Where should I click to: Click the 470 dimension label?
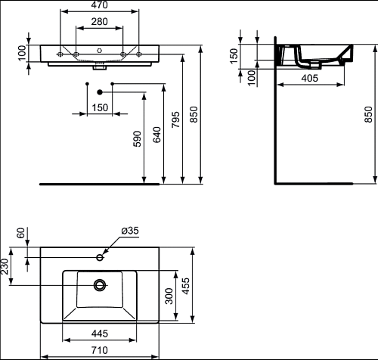[x=100, y=5]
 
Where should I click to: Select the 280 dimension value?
[x=100, y=22]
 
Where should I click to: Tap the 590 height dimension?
[x=138, y=138]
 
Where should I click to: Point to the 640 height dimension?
[x=156, y=135]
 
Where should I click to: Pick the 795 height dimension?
[x=176, y=119]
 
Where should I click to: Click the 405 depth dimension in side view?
[x=310, y=78]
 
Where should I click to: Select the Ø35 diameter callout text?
[x=130, y=231]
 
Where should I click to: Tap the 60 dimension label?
[x=21, y=233]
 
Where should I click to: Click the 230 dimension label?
[x=5, y=266]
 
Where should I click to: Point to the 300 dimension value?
[x=169, y=296]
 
